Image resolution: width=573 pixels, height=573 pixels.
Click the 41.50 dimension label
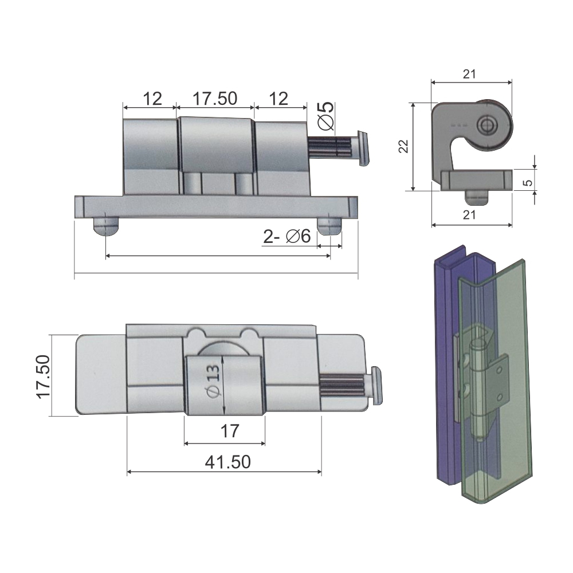coord(227,462)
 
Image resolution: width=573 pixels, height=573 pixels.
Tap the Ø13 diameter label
coord(213,381)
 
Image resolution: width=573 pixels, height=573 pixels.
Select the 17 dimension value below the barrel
coord(230,431)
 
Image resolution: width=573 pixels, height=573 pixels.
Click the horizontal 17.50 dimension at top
coord(215,99)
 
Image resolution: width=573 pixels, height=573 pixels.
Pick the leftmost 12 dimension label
coord(152,99)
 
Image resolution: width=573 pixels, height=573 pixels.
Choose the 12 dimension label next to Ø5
coord(278,99)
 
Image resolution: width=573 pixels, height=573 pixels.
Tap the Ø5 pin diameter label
coord(327,116)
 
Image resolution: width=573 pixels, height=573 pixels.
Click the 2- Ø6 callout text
coord(287,237)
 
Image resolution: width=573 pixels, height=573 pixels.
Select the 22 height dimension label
coord(403,146)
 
